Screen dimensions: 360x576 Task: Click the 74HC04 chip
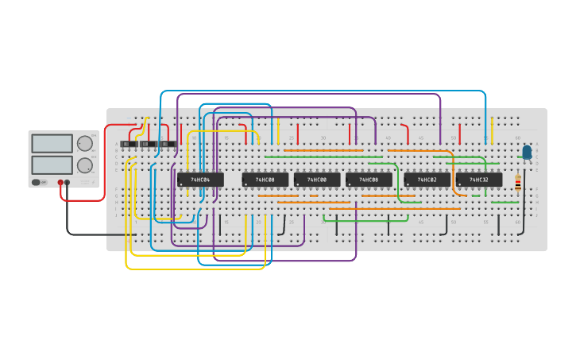coord(200,180)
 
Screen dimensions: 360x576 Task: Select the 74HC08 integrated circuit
coord(369,180)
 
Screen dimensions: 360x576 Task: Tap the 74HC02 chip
coord(427,180)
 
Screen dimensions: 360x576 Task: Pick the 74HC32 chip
coord(479,180)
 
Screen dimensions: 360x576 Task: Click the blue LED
coord(527,151)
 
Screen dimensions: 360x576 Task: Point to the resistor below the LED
coord(518,184)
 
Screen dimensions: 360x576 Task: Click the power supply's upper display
coord(52,144)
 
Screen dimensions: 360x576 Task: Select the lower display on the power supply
coord(52,165)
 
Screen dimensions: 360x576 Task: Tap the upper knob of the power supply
coord(84,144)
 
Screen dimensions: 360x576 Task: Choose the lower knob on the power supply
coord(84,165)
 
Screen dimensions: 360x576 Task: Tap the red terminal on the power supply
coord(60,183)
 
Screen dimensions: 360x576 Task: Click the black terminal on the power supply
coord(67,183)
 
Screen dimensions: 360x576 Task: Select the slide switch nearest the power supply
coord(129,144)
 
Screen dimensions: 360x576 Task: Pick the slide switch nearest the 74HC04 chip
coord(168,144)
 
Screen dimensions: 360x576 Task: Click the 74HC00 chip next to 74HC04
coord(265,180)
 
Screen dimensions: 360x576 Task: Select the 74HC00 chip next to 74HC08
coord(317,180)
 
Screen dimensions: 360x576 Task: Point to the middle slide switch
coord(149,144)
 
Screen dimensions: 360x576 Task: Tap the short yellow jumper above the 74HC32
coord(492,130)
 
